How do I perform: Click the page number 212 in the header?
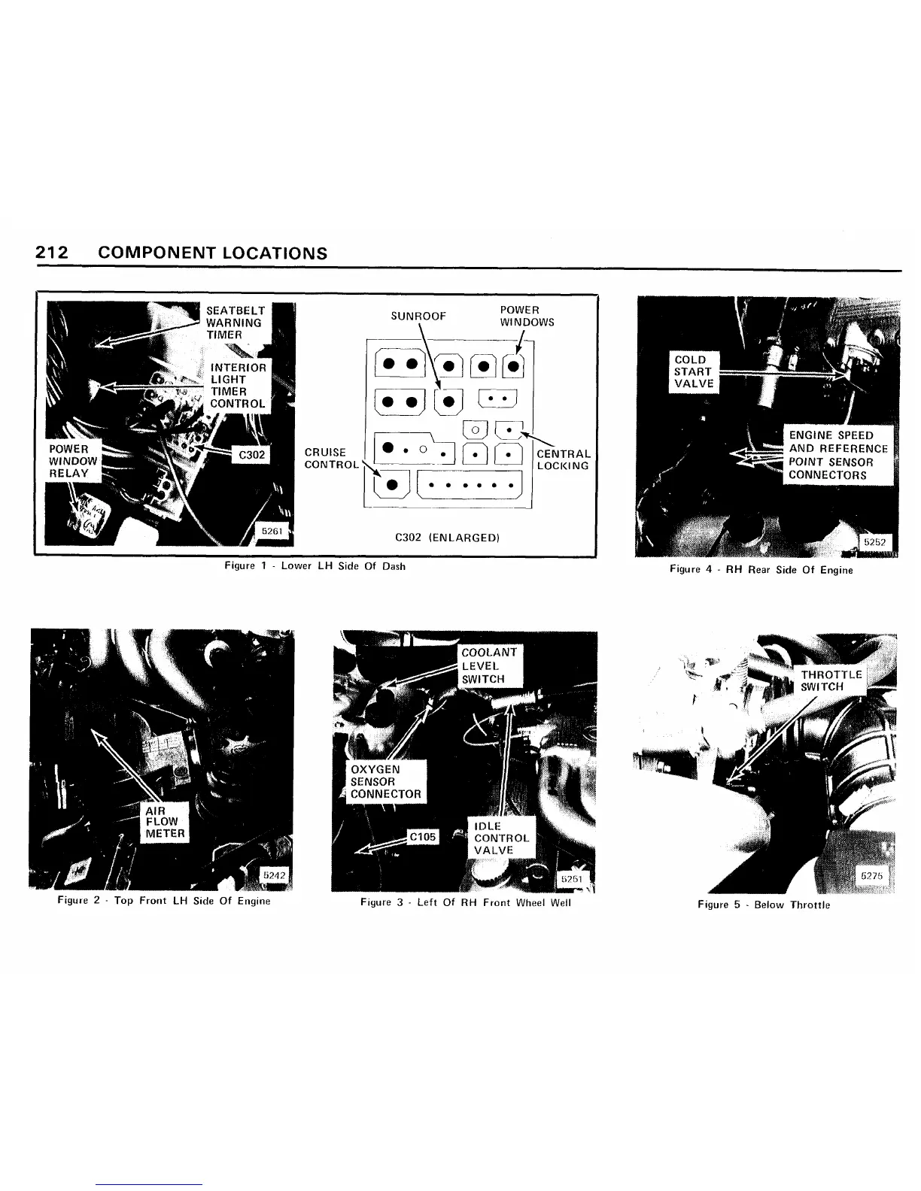pyautogui.click(x=52, y=253)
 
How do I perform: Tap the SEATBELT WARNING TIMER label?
pyautogui.click(x=234, y=323)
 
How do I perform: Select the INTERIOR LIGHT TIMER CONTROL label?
pyautogui.click(x=238, y=385)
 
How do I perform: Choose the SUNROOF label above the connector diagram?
pyautogui.click(x=418, y=317)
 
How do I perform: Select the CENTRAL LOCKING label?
pyautogui.click(x=563, y=459)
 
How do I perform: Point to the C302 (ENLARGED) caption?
pyautogui.click(x=447, y=538)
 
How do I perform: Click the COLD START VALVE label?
pyautogui.click(x=693, y=371)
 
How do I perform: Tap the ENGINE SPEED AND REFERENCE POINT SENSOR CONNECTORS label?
pyautogui.click(x=837, y=455)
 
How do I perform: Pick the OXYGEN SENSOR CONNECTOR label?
pyautogui.click(x=386, y=781)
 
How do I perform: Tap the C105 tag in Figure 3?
pyautogui.click(x=422, y=837)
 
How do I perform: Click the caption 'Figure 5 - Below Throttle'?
pyautogui.click(x=763, y=905)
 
